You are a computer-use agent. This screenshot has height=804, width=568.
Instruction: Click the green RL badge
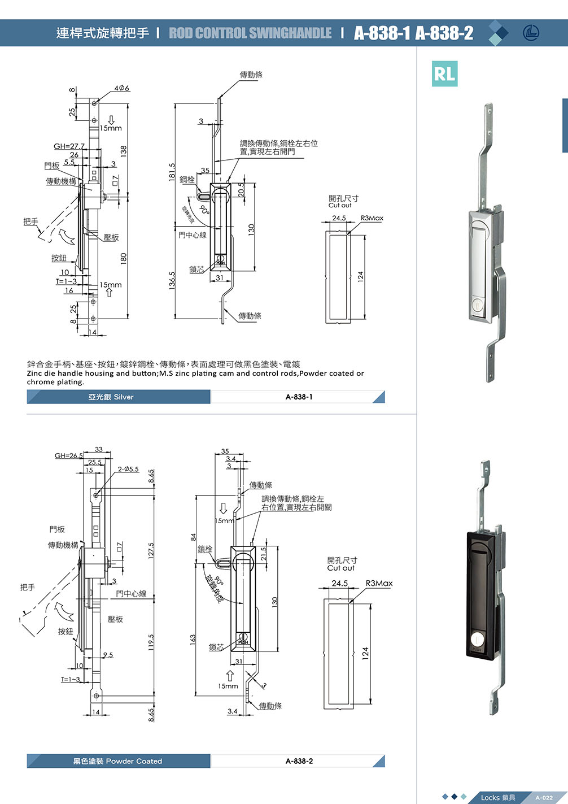pos(444,73)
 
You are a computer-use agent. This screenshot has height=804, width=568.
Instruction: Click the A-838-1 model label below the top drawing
pos(299,397)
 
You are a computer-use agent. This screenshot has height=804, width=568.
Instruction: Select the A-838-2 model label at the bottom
pos(299,761)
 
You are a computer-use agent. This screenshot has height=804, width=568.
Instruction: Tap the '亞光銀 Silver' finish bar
pos(111,397)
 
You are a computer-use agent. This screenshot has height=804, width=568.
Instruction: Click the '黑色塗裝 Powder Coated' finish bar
pos(117,761)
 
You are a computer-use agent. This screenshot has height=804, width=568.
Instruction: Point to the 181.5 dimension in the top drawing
pos(172,172)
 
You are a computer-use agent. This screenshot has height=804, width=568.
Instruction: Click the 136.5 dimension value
pos(172,281)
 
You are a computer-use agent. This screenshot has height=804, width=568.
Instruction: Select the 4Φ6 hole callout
pos(121,88)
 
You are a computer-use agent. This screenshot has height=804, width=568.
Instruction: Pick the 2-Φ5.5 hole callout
pos(128,469)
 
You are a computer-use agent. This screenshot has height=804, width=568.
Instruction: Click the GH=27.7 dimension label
pos(69,146)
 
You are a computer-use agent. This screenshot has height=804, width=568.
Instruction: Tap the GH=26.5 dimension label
pos(68,455)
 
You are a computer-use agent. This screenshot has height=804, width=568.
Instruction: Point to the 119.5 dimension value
pos(151,642)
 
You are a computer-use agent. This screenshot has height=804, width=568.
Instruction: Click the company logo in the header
pos(531,33)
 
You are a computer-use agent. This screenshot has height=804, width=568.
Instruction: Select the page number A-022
pos(544,797)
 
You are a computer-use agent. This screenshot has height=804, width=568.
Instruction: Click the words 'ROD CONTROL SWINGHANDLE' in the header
pos(250,33)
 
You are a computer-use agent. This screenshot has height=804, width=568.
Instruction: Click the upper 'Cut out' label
pos(340,205)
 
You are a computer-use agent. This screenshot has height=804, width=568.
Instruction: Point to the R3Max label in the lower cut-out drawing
pos(379,583)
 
